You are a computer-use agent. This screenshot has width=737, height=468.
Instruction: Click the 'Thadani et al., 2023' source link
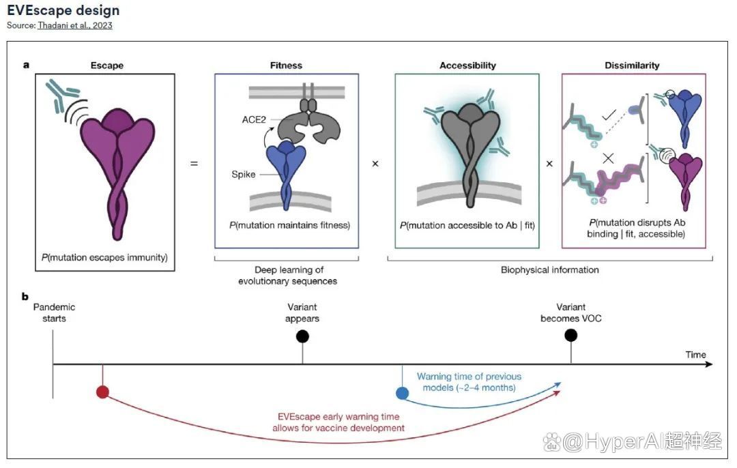[x=75, y=25]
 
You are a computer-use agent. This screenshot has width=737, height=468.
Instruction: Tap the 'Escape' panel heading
[x=107, y=65]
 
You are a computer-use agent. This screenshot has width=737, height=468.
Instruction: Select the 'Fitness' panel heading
[x=286, y=65]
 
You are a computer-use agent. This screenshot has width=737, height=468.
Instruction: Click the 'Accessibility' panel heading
[x=467, y=65]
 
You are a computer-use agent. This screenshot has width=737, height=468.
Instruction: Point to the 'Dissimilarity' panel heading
[x=632, y=65]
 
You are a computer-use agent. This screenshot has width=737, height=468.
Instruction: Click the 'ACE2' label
[x=254, y=120]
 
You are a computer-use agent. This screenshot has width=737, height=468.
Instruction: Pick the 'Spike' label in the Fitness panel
[x=244, y=175]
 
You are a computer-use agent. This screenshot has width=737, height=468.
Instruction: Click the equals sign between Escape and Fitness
[x=194, y=164]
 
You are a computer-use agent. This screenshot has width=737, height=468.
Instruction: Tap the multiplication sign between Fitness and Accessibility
[x=375, y=164]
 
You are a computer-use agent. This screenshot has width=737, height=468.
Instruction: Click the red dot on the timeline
[x=102, y=392]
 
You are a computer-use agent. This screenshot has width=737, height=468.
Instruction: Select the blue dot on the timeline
[x=403, y=393]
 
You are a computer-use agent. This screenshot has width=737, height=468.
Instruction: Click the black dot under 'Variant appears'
[x=303, y=336]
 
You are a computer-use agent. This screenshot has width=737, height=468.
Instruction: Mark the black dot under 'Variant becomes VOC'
[x=571, y=336]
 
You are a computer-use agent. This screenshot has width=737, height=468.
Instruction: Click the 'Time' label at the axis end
[x=695, y=355]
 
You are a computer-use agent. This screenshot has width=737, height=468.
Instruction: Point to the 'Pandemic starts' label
[x=54, y=312]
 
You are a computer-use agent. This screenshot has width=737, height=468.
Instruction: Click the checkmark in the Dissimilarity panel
[x=609, y=115]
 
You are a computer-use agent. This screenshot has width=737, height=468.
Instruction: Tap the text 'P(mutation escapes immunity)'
[x=104, y=257]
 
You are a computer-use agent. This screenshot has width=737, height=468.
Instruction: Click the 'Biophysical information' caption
[x=550, y=269]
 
